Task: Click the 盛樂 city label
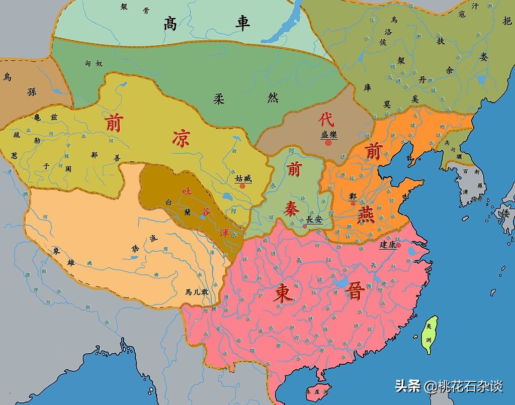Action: (329, 135)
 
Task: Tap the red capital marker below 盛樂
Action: (328, 143)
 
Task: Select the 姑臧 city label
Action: (243, 178)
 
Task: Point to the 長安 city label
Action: (315, 219)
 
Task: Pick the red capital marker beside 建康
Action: (398, 246)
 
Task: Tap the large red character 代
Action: (326, 120)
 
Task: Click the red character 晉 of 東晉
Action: (356, 290)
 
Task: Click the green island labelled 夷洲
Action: (430, 334)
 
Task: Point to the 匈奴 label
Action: (94, 64)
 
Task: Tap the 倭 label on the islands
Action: (505, 213)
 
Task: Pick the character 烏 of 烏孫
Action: (7, 77)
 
